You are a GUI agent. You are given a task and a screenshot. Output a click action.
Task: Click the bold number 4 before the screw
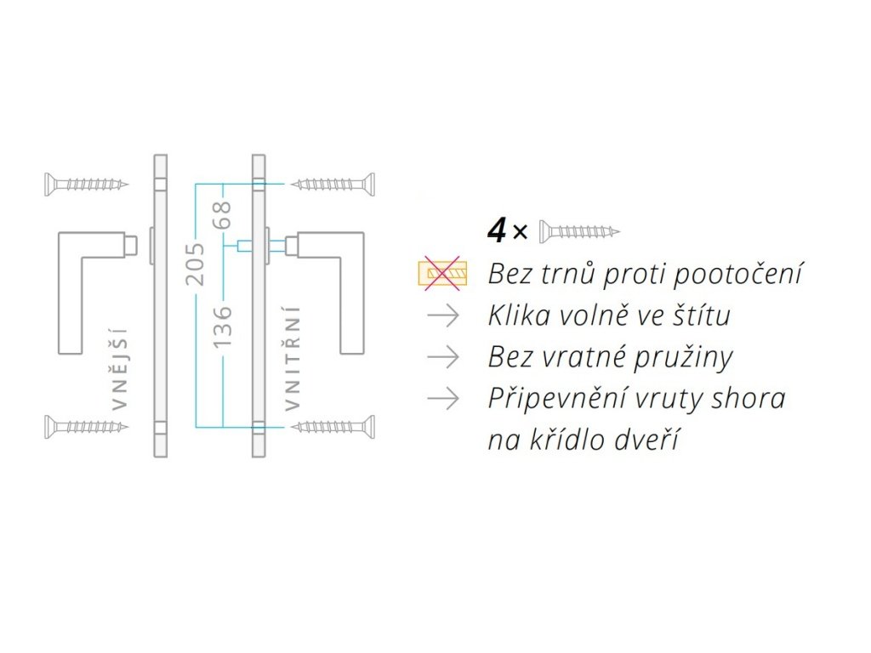click(x=496, y=229)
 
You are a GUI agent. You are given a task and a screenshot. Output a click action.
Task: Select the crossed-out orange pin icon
click(x=442, y=273)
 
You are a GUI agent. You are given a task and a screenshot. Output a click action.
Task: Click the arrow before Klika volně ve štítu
click(x=443, y=316)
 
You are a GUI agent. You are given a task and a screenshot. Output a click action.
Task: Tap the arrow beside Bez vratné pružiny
click(x=443, y=357)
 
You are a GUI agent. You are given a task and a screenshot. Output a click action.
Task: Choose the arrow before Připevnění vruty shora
click(x=443, y=398)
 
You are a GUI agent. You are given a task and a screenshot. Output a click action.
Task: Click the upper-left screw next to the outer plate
click(x=86, y=183)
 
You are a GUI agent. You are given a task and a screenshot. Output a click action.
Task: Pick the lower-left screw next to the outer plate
click(x=86, y=425)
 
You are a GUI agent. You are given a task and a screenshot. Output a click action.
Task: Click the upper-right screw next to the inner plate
click(x=333, y=183)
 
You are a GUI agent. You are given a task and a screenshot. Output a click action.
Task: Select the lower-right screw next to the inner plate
click(x=333, y=425)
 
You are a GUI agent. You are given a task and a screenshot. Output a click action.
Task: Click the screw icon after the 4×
click(x=579, y=230)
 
